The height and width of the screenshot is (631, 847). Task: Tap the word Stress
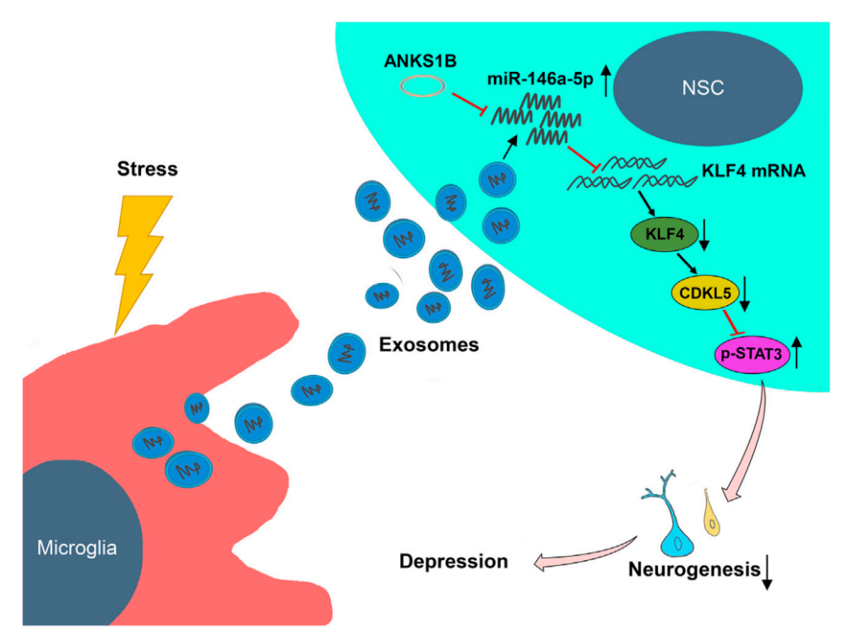tap(148, 168)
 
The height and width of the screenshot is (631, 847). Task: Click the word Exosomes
tap(428, 345)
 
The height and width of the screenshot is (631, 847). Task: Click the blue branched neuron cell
tap(672, 528)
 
